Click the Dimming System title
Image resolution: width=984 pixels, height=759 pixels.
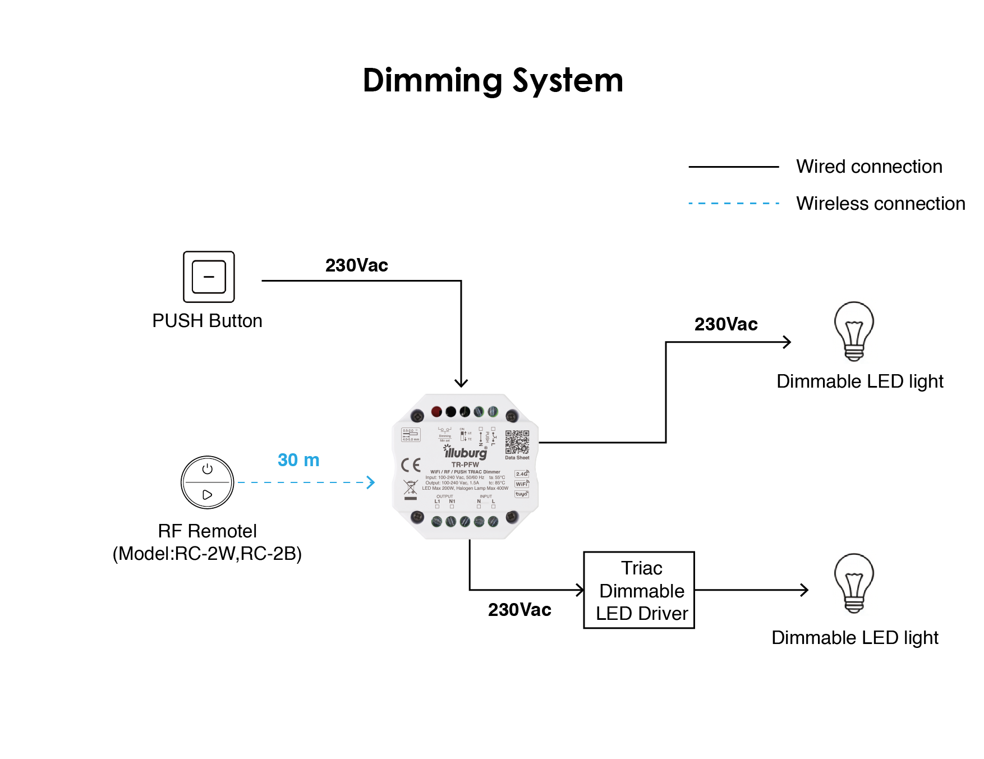coord(493,81)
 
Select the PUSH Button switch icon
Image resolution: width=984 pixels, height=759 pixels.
coord(209,277)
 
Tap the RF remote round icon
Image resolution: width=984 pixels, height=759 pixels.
coord(208,482)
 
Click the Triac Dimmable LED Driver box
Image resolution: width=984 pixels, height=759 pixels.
coord(639,590)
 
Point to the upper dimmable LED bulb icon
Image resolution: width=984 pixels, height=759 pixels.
coord(854,332)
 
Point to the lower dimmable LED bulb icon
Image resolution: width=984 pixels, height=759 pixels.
coord(854,583)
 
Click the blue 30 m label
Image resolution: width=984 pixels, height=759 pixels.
coord(298,460)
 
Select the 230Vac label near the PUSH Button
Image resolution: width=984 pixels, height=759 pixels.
coord(357,265)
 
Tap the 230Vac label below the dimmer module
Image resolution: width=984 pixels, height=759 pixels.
coord(519,610)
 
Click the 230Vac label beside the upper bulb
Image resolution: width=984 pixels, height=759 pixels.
coord(726,324)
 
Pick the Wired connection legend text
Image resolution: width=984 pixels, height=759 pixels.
coord(869,167)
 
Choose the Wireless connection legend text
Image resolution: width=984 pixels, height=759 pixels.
coord(880,204)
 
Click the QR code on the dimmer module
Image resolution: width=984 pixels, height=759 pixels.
coord(517,442)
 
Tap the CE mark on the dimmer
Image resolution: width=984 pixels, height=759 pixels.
coord(411,465)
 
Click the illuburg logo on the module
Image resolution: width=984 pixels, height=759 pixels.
coord(466,452)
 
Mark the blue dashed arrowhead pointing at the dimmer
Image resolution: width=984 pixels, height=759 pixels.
coord(370,482)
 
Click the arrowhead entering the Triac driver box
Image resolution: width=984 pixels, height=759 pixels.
coord(580,590)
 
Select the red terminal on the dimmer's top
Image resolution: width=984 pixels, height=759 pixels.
coord(436,412)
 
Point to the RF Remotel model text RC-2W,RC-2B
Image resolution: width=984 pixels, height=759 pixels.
coord(208,554)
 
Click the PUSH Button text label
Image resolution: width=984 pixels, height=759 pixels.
coord(208,321)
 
